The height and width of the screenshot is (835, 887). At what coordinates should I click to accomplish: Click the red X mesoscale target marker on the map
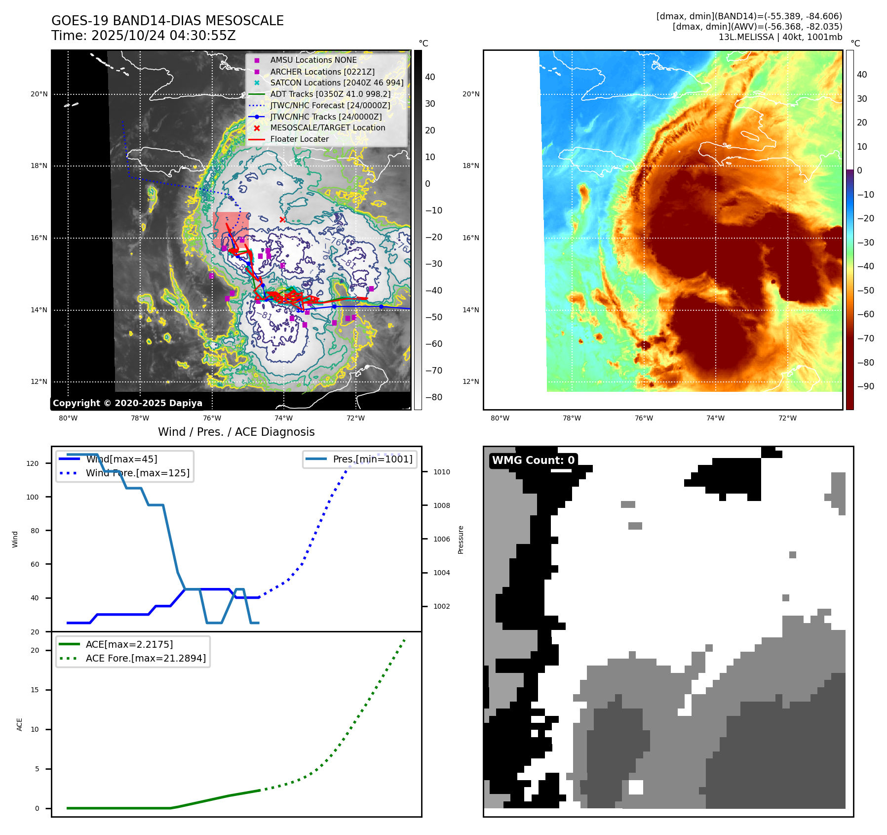(282, 219)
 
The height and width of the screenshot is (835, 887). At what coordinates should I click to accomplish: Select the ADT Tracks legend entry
(330, 94)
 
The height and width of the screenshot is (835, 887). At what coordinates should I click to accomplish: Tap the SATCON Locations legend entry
(337, 83)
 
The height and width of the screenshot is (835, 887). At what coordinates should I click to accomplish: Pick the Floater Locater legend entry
(299, 139)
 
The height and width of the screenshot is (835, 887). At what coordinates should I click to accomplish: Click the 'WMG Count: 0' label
(533, 460)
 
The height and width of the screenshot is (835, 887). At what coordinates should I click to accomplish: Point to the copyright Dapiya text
(127, 403)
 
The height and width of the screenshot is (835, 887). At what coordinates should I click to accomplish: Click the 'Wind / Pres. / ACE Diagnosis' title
(236, 432)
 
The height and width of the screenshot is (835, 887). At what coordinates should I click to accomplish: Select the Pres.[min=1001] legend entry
(372, 459)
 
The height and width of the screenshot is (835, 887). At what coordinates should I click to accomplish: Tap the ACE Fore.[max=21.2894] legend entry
(146, 658)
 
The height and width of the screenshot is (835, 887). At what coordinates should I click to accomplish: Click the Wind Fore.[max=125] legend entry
(137, 473)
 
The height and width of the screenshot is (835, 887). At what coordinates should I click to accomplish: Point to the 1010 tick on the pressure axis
(441, 472)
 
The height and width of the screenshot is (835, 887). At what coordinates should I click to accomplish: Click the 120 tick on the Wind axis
(33, 463)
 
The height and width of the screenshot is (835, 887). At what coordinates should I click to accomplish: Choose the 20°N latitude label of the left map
(39, 94)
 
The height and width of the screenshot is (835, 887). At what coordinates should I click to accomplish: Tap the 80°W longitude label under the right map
(500, 418)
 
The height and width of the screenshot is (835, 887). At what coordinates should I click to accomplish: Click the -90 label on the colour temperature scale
(865, 386)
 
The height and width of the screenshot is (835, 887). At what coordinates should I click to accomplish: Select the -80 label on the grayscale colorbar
(434, 397)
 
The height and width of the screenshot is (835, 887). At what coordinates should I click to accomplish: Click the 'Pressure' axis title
(461, 540)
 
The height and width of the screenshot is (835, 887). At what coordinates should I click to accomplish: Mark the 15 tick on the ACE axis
(35, 690)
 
